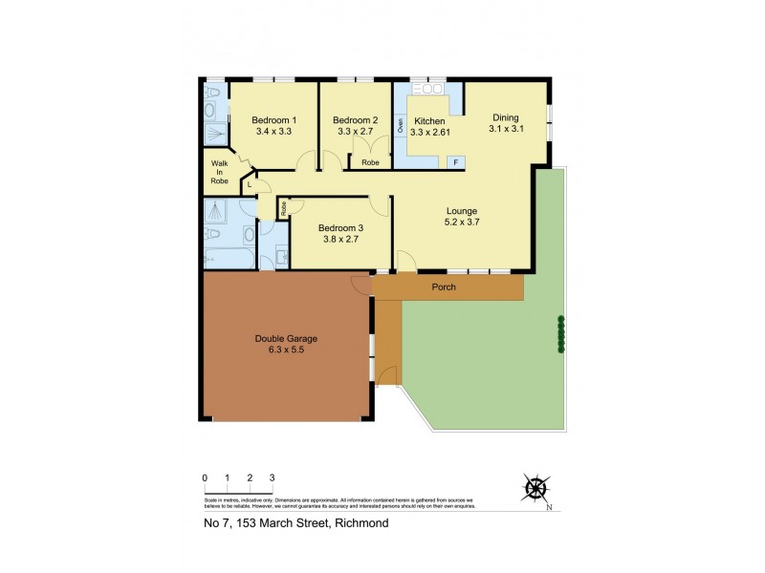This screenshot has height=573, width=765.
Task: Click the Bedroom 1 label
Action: [273, 119]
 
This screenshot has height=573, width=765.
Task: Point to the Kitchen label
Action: [429, 121]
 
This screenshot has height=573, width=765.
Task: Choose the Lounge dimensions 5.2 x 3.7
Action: [461, 223]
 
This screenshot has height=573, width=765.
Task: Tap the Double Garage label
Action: [286, 338]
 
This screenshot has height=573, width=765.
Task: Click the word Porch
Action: [443, 286]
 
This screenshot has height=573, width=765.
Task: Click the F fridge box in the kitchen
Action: [455, 162]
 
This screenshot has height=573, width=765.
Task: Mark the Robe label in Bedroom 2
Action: [370, 162]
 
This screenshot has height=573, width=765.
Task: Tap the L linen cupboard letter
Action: [249, 183]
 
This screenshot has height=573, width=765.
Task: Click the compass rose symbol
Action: [536, 489]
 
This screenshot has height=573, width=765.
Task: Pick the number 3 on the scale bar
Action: [273, 477]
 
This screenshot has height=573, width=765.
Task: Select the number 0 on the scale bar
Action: [205, 477]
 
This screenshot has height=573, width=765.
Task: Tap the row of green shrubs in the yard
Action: [561, 334]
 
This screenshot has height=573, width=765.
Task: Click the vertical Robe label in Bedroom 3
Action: [284, 206]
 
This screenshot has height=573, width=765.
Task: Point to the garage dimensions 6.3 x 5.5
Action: [286, 350]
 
